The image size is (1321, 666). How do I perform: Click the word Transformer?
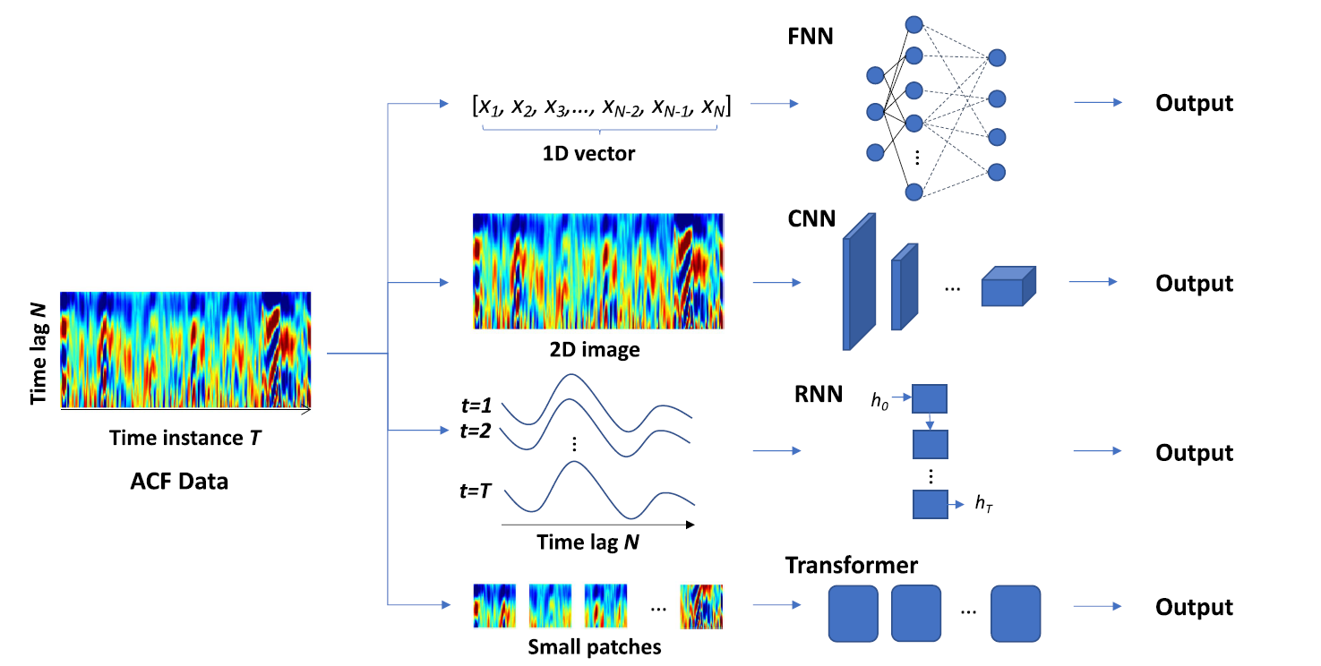(x=851, y=565)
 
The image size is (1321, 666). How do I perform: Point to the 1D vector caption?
(x=588, y=153)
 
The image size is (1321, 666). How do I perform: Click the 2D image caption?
(x=596, y=349)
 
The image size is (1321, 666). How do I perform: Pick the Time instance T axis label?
(x=185, y=438)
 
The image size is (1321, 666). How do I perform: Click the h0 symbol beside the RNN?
(x=881, y=401)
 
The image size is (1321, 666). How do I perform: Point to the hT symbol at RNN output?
(x=984, y=504)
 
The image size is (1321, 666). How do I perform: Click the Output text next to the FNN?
(x=1194, y=103)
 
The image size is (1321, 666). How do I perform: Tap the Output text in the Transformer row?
(x=1194, y=607)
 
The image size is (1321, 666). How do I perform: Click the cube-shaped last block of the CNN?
(x=1007, y=287)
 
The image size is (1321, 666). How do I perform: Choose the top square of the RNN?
(x=930, y=399)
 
